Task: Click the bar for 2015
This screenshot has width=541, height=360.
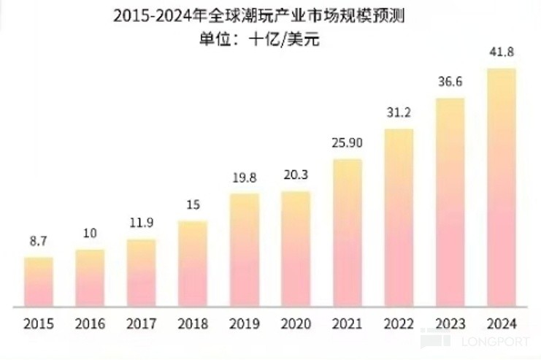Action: (38, 282)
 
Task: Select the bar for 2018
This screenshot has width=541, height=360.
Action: (193, 264)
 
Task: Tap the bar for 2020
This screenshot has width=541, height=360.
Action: (296, 249)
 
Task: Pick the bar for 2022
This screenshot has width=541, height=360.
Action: (399, 218)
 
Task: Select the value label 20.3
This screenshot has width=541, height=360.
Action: (296, 176)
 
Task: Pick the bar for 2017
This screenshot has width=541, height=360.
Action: (141, 272)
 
